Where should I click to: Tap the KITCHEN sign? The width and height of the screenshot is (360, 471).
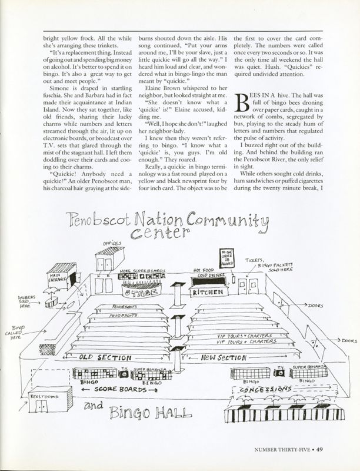pos(208,291)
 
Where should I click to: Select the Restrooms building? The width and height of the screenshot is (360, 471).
pos(44,404)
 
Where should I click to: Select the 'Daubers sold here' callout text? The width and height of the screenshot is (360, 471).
pos(25,301)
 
